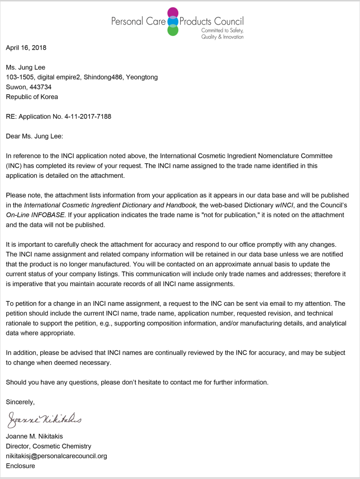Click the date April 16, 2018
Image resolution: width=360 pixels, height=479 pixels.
[26, 47]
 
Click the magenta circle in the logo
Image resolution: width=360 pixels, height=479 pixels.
[173, 12]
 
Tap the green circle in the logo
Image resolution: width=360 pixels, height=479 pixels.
[173, 30]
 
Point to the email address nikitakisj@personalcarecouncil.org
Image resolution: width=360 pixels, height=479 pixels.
[56, 456]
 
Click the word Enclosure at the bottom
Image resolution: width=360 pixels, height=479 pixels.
[20, 466]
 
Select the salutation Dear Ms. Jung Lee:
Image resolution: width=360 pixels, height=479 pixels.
[34, 136]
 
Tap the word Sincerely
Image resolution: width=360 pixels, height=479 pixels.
[20, 402]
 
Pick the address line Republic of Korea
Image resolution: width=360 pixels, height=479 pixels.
[32, 97]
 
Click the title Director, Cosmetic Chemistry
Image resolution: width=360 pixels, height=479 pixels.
[48, 446]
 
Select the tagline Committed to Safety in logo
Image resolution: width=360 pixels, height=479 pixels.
[222, 30]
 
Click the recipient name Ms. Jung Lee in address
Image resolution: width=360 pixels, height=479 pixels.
[25, 67]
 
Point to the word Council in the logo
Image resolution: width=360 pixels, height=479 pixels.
[228, 21]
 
